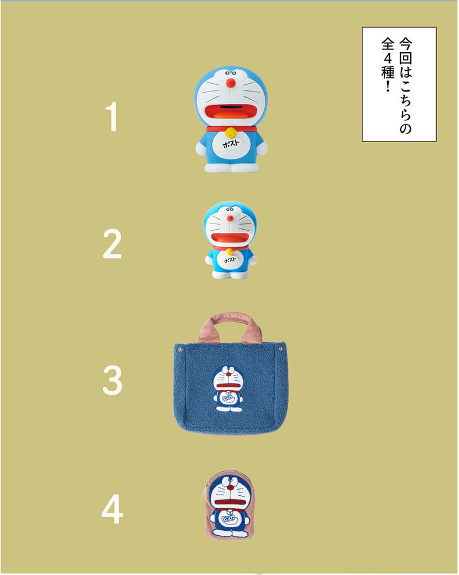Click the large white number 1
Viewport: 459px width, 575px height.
[112, 117]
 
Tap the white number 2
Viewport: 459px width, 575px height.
[112, 244]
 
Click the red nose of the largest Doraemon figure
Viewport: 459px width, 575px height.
[231, 83]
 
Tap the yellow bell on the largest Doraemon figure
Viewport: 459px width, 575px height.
[230, 132]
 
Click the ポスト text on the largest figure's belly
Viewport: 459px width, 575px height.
[231, 143]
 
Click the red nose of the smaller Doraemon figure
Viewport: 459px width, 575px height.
[229, 218]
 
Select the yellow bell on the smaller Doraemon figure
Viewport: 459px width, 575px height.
[229, 252]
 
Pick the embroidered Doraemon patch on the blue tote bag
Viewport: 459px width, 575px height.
[228, 389]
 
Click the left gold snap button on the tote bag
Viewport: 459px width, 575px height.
[180, 350]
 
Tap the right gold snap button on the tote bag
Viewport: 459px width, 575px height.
[281, 348]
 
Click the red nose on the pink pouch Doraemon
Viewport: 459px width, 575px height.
[229, 488]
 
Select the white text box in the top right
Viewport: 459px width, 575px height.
[399, 84]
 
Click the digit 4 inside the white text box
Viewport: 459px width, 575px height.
[388, 58]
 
